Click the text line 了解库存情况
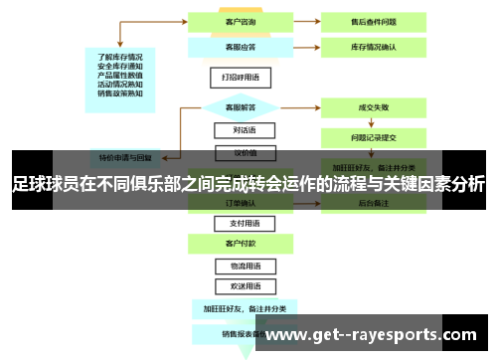[119, 57]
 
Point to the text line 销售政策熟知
[119, 93]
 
